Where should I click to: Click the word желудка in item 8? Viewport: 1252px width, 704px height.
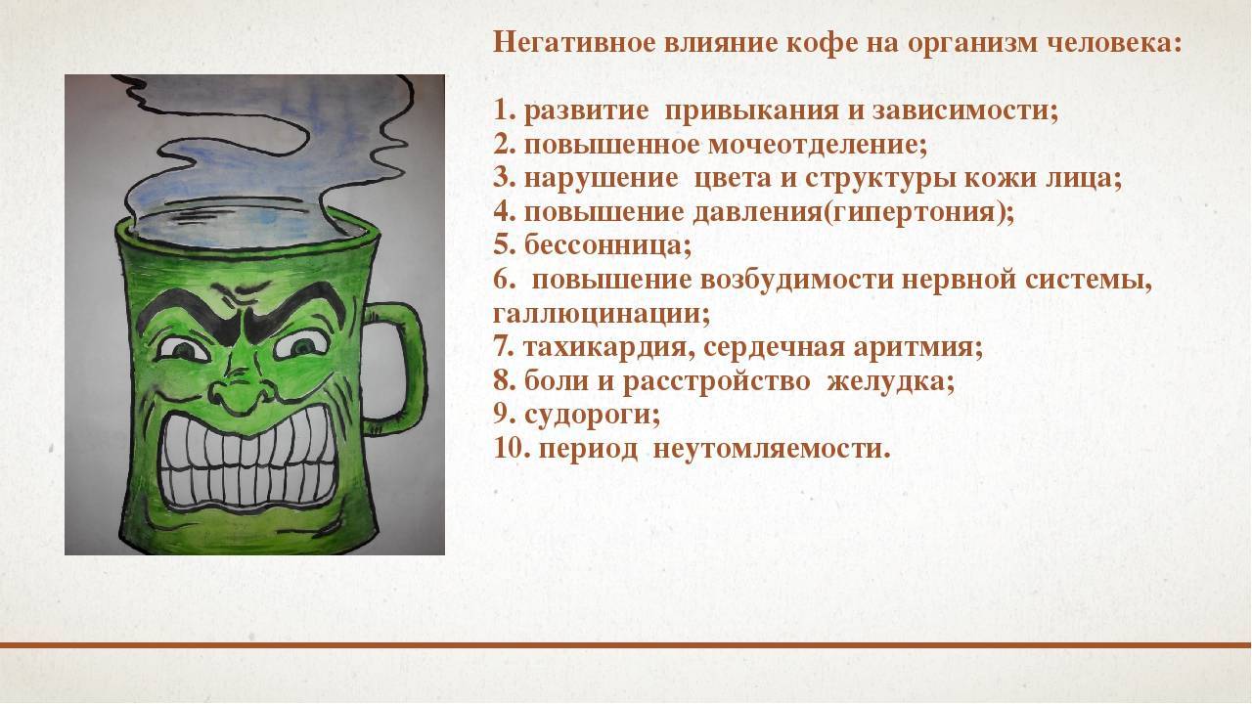click(x=890, y=381)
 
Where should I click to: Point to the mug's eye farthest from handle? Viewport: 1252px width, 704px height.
click(x=177, y=349)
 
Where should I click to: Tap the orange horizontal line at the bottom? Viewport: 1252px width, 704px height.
click(x=626, y=645)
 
